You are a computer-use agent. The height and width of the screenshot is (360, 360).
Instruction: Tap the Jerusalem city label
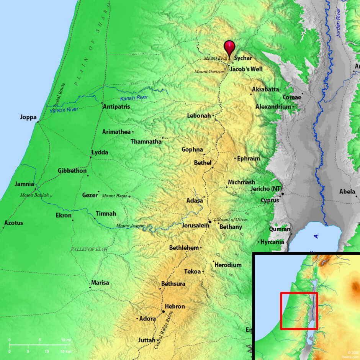click(x=195, y=226)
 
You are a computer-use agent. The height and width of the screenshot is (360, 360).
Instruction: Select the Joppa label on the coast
click(x=28, y=117)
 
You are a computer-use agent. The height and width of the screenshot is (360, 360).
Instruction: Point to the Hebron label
click(x=175, y=306)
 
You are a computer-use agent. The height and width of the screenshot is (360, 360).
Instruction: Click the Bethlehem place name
click(x=184, y=248)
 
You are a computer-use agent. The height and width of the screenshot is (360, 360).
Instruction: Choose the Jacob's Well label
click(x=246, y=69)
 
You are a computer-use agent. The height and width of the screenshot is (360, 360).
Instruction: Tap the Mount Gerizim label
click(x=208, y=72)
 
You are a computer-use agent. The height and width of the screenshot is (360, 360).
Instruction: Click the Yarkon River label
click(x=64, y=110)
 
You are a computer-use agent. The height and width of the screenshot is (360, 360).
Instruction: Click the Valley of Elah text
click(x=89, y=249)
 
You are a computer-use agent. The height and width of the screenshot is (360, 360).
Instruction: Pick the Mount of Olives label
click(x=232, y=219)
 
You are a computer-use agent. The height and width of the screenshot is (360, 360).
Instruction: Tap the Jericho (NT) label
click(x=266, y=189)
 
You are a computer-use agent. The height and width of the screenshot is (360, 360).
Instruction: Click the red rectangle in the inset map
click(x=299, y=311)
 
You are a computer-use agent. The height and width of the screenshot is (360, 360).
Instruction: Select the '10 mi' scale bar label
click(x=66, y=340)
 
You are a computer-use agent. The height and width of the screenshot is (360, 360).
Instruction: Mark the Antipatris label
click(x=116, y=107)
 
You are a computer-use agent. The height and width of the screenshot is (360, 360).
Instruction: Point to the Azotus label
click(x=13, y=223)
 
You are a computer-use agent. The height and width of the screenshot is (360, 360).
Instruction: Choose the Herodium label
click(x=228, y=265)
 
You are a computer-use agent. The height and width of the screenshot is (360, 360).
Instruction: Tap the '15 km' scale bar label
click(x=66, y=351)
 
